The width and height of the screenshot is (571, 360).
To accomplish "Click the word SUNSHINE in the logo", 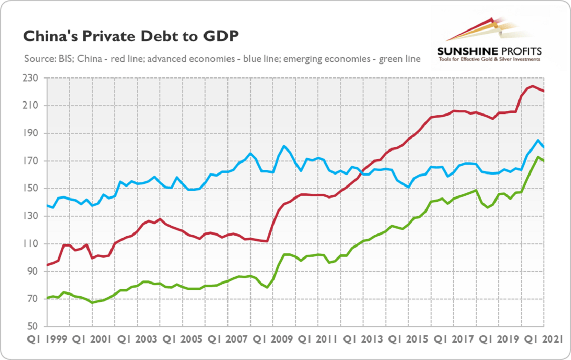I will click(468, 51).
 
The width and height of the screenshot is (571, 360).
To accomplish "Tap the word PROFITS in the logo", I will click(522, 51).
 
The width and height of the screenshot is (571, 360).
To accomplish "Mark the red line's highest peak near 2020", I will click(532, 86).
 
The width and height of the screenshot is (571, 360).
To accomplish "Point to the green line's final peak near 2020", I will click(538, 157).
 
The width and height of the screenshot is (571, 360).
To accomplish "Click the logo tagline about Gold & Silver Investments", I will click(491, 60).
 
